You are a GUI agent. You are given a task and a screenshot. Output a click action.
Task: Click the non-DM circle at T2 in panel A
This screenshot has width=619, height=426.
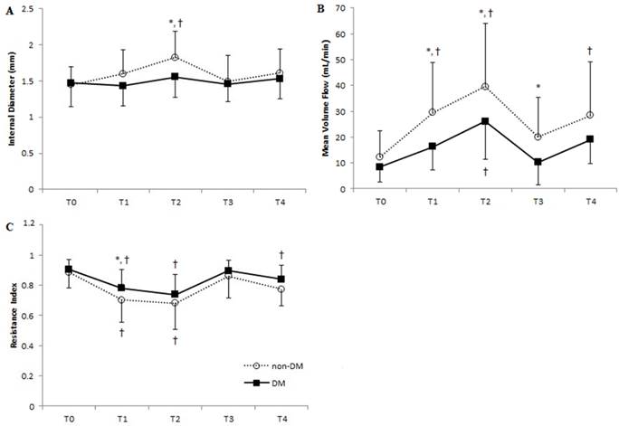point(175,58)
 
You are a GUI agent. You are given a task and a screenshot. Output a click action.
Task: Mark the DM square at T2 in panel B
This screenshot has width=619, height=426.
point(486,121)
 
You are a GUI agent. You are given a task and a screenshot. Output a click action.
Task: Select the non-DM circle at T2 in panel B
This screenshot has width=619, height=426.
point(486,87)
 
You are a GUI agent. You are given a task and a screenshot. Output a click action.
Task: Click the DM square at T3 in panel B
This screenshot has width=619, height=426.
point(538,162)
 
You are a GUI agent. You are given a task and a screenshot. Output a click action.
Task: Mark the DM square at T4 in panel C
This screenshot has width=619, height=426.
point(281,279)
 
